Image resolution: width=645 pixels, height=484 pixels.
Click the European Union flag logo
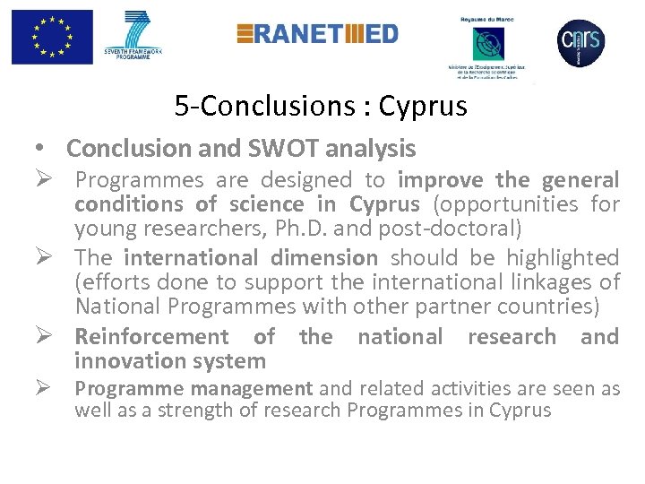pyautogui.click(x=52, y=37)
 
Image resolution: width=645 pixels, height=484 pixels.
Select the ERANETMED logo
pyautogui.click(x=317, y=34)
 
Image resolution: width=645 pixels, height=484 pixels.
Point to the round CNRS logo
pyautogui.click(x=580, y=39)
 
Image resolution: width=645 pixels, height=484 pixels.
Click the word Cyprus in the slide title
pyautogui.click(x=423, y=107)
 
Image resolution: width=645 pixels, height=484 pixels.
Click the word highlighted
pyautogui.click(x=563, y=258)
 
